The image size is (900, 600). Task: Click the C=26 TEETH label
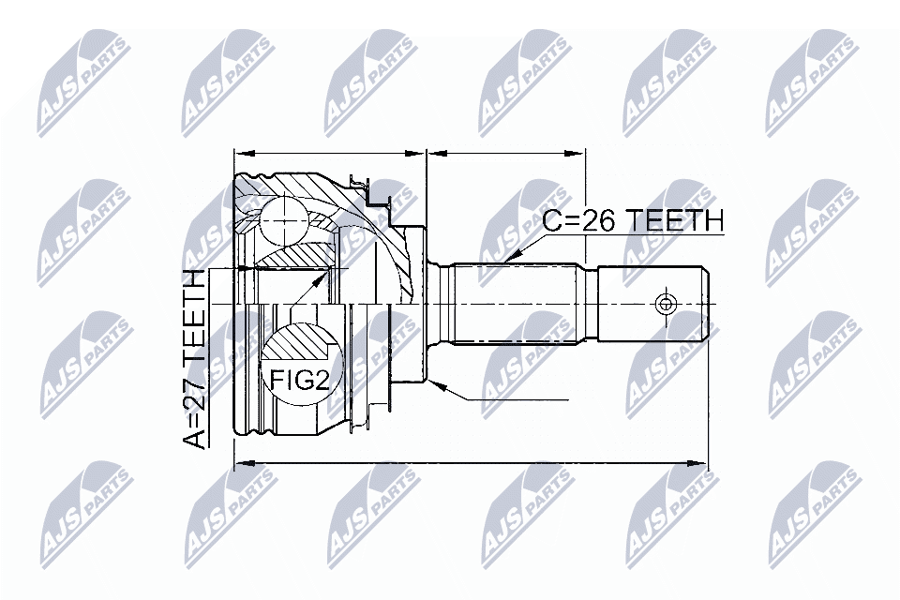pyautogui.click(x=634, y=221)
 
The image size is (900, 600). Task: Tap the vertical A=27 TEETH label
pyautogui.click(x=195, y=358)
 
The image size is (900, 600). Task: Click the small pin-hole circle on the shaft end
pyautogui.click(x=666, y=303)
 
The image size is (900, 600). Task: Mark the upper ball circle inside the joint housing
pyautogui.click(x=283, y=221)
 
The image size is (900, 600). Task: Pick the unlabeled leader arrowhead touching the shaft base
pyautogui.click(x=435, y=382)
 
